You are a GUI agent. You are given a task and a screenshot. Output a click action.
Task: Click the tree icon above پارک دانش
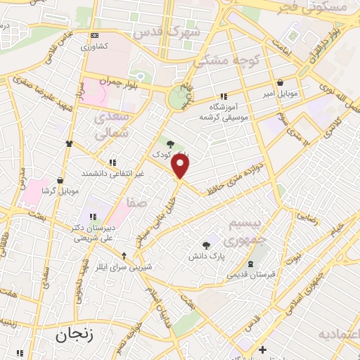tap(206, 245)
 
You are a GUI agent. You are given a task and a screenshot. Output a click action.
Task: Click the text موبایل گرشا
tap(59, 191)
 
